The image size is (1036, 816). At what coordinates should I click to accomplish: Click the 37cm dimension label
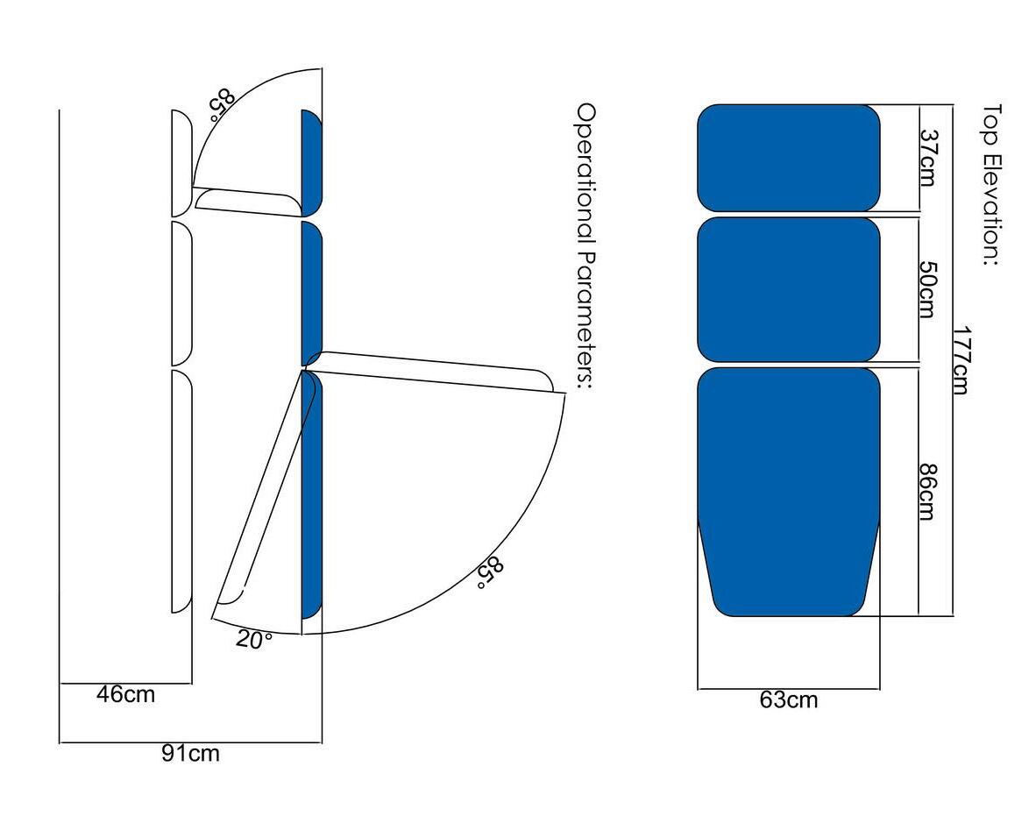(x=928, y=157)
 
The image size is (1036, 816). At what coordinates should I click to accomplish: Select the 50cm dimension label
(x=928, y=288)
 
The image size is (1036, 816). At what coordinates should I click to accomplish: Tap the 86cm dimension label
(x=928, y=492)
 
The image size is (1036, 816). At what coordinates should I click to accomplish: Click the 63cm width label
(x=788, y=699)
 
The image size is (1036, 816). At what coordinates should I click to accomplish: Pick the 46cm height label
(x=125, y=694)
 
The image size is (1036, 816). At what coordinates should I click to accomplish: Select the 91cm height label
(x=190, y=753)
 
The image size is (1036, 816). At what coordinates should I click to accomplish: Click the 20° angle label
(x=253, y=640)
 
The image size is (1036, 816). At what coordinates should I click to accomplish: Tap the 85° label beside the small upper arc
(x=222, y=105)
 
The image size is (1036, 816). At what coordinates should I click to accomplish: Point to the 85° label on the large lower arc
(x=490, y=573)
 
